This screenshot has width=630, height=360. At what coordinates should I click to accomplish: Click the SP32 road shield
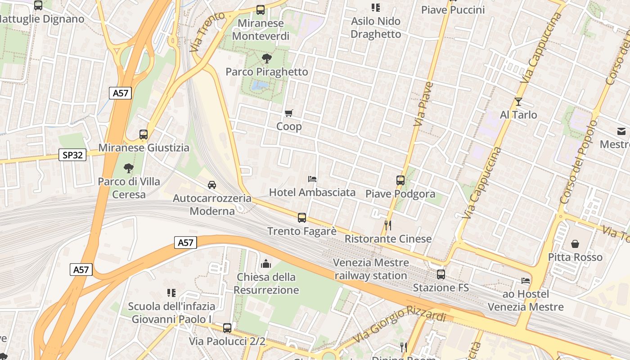[x=72, y=155]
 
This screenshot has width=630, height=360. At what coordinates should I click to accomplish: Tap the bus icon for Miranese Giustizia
[x=144, y=134]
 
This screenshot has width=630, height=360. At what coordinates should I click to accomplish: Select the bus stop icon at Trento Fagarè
[x=302, y=218]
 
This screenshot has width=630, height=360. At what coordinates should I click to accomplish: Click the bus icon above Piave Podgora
[x=400, y=180]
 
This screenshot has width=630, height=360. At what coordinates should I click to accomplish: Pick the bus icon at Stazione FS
[x=441, y=274]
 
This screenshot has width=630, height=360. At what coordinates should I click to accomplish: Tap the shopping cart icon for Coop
[x=289, y=113]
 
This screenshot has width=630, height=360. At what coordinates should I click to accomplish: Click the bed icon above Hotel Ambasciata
[x=312, y=179]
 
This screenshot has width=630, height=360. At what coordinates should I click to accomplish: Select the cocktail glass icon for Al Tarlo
[x=518, y=102]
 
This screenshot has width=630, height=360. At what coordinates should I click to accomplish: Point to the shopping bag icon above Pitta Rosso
[x=575, y=244]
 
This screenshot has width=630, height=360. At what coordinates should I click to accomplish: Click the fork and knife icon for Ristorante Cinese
[x=388, y=225]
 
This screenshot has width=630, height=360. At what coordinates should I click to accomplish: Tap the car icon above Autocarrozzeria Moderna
[x=212, y=184]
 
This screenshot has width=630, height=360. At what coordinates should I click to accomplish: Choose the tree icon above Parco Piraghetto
[x=266, y=58]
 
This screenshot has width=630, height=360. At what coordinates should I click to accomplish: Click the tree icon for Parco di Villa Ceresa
[x=129, y=168]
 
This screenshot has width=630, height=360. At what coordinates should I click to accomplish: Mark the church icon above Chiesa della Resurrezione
[x=266, y=263]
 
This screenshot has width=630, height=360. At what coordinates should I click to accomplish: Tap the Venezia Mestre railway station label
[x=371, y=269]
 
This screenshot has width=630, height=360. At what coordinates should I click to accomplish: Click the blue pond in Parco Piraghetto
[x=260, y=85]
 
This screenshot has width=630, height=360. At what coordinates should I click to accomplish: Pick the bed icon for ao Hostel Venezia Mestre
[x=526, y=281]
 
